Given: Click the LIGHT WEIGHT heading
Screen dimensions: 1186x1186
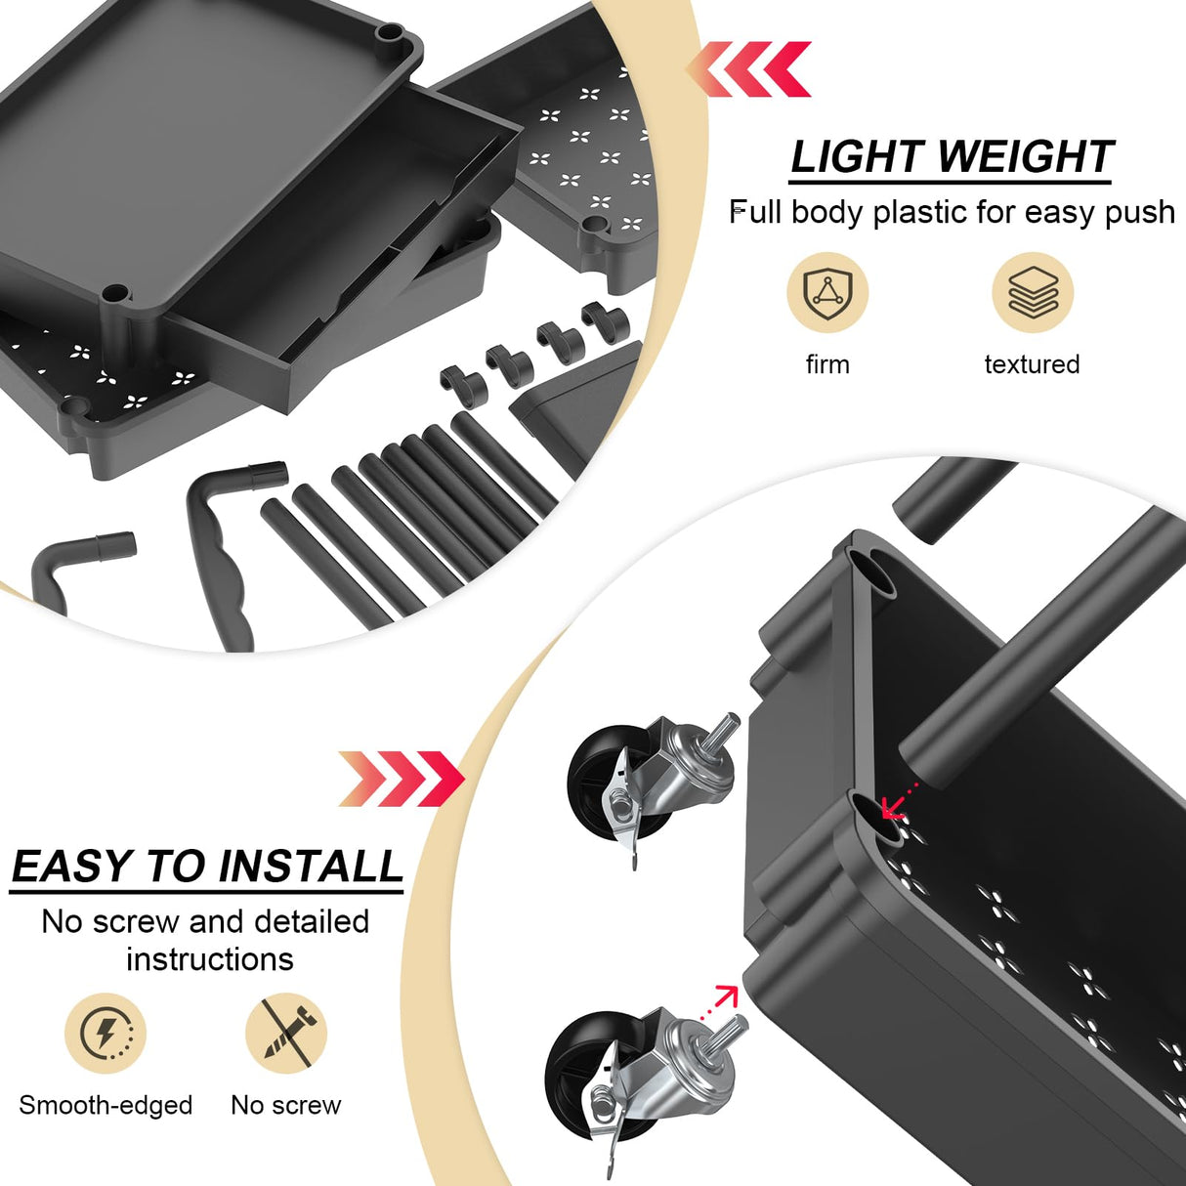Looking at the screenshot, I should [x=951, y=157].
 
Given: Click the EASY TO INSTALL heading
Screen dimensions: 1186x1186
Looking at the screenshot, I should [x=207, y=867].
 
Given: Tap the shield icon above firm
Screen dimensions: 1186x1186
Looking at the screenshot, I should [x=827, y=292].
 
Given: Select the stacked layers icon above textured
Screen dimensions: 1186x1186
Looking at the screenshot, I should [x=1033, y=292].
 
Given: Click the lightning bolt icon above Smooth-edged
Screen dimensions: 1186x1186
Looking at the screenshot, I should [x=106, y=1033].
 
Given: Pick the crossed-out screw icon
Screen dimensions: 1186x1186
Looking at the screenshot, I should [x=285, y=1033].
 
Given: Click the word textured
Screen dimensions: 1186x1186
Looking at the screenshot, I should [x=1032, y=364].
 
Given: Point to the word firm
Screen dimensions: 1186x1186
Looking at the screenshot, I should [x=827, y=364].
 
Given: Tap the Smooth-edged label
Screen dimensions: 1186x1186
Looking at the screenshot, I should [x=106, y=1105].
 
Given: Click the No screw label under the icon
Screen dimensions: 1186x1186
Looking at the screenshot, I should [x=285, y=1105].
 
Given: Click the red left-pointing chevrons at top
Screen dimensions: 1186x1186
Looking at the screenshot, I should [x=750, y=69].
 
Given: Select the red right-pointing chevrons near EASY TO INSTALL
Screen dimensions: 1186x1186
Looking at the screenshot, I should [x=401, y=779].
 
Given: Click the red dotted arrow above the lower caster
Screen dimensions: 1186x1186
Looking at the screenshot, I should [x=724, y=997].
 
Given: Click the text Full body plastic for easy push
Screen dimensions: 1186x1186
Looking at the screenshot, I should [x=953, y=212].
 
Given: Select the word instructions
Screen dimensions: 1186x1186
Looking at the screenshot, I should [x=209, y=959].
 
